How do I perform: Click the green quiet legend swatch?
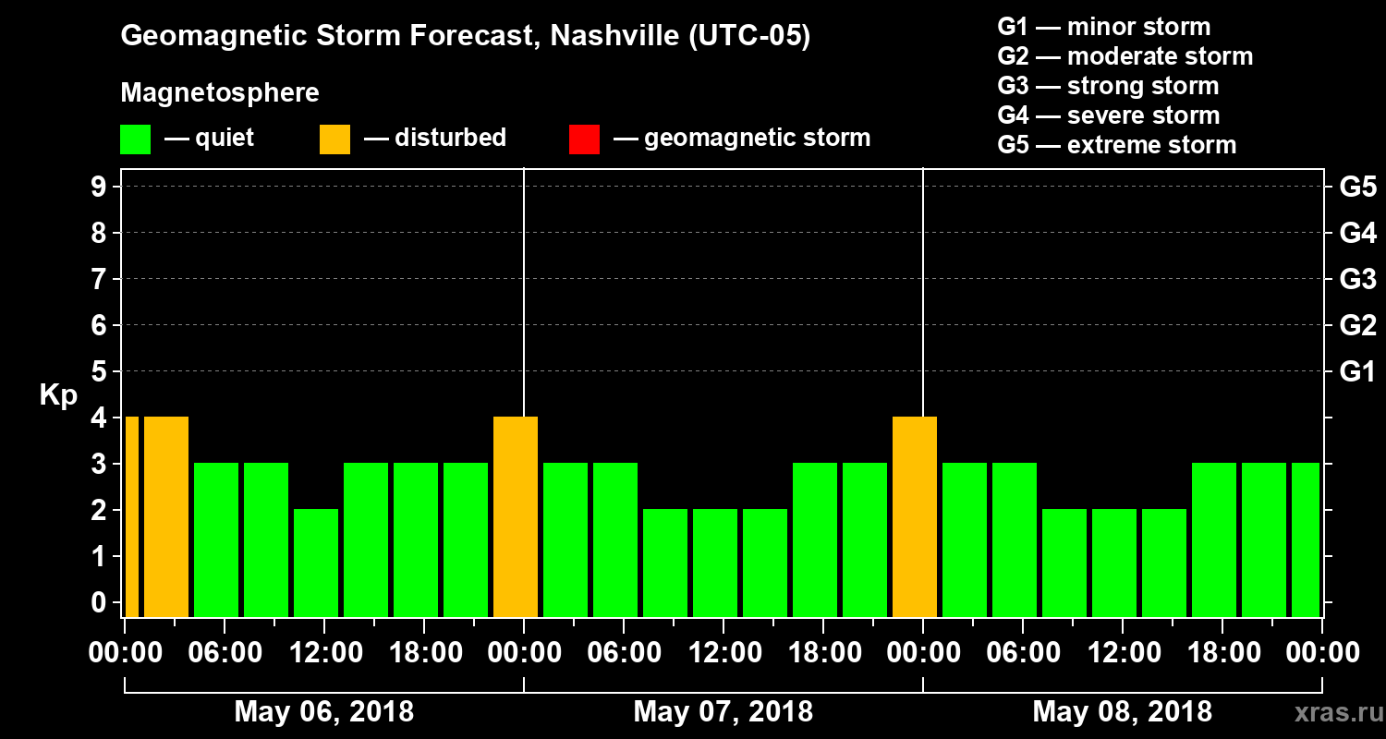tap(135, 139)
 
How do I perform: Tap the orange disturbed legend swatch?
tap(334, 139)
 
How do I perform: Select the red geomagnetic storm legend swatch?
tap(584, 139)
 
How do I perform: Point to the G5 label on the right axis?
tap(1357, 188)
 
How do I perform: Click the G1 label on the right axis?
tap(1357, 372)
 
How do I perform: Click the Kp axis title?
tap(58, 395)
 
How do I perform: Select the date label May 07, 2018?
tap(723, 712)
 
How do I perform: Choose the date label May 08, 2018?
tap(1122, 712)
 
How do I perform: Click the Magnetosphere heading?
tap(220, 93)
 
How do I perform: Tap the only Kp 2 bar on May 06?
tap(316, 562)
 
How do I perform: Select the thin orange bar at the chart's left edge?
tap(132, 515)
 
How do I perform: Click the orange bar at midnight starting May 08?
tap(915, 515)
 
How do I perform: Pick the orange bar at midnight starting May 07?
tap(516, 515)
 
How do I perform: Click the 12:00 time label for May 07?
tap(723, 653)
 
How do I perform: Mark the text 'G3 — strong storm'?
tap(1108, 86)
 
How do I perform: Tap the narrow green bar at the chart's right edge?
tap(1305, 539)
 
